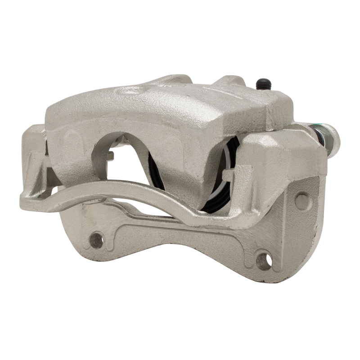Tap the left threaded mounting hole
click(x=95, y=239)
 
